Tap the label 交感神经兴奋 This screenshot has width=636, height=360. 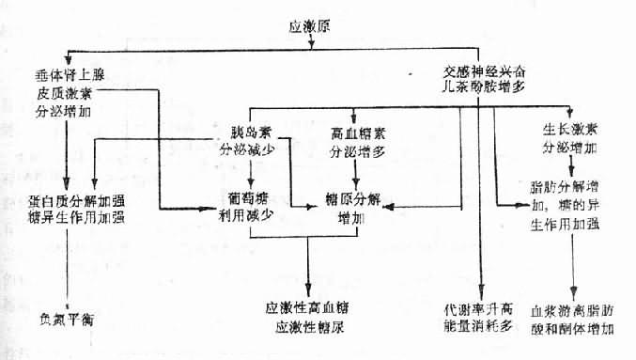(x=480, y=70)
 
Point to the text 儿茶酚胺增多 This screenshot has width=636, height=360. (x=480, y=86)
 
